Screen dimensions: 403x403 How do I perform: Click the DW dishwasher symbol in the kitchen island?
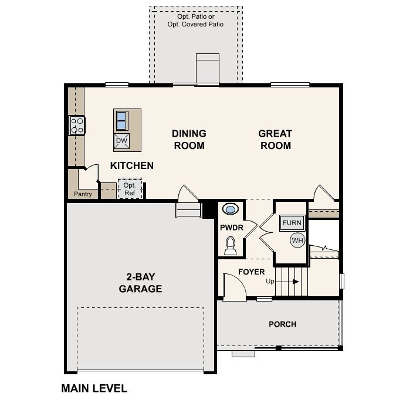point(121,141)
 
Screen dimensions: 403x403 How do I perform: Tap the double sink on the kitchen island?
point(121,120)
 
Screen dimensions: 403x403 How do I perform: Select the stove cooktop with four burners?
point(77,126)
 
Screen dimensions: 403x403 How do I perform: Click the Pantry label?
point(83,194)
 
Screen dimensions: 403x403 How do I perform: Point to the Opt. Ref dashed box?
point(130,189)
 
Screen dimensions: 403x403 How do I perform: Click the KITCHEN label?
point(132,166)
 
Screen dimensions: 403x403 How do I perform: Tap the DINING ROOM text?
point(188,140)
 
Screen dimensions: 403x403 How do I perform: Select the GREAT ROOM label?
point(275,140)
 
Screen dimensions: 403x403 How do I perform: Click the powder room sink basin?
point(231,209)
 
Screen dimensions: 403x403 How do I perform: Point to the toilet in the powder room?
point(231,245)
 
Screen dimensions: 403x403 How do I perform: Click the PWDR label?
point(231,227)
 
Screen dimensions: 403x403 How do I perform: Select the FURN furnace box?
point(292,223)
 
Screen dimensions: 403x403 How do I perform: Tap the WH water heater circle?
point(297,240)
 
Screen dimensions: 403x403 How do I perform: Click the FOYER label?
point(251,272)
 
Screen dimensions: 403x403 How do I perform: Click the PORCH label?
point(282,324)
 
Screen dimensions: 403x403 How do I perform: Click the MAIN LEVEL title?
point(94,388)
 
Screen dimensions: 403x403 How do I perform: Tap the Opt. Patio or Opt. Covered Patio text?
point(195,21)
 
